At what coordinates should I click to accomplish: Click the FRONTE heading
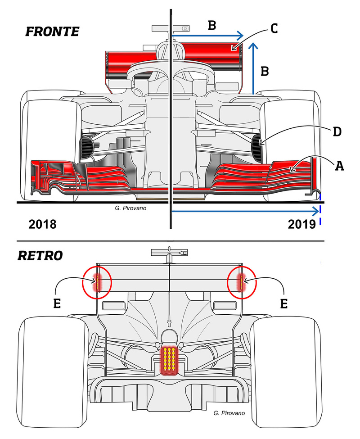(52, 32)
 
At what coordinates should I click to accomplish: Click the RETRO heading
(40, 256)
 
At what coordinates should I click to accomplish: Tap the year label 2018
(42, 224)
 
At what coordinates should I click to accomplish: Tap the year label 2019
(302, 224)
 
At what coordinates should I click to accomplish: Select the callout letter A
(339, 166)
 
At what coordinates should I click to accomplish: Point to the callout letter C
(274, 28)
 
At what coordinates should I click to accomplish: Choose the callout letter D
(337, 131)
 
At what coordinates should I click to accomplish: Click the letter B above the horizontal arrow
(212, 25)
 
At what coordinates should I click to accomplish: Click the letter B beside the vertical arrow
(265, 71)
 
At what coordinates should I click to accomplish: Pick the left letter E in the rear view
(57, 303)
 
